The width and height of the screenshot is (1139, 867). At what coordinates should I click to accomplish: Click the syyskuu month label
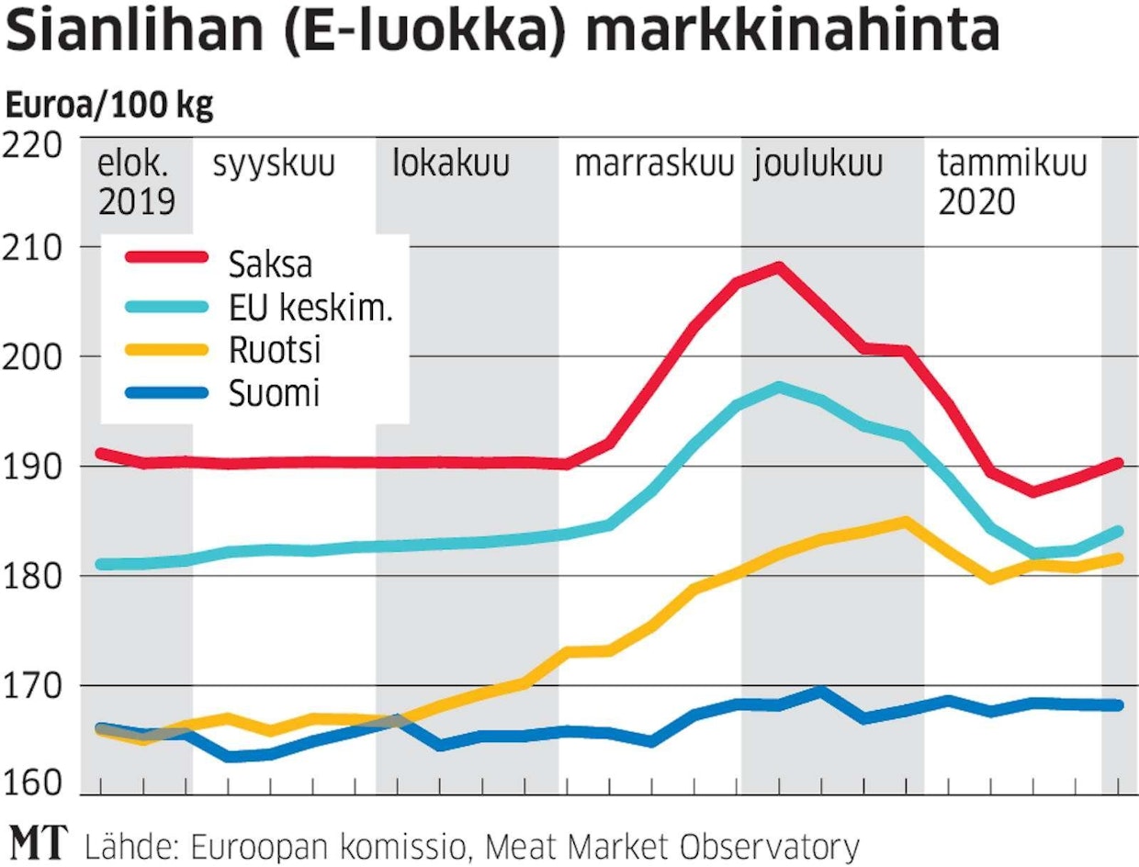(x=274, y=166)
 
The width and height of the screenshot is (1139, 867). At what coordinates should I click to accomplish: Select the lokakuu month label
(x=451, y=166)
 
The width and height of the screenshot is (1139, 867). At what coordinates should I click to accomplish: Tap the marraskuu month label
(x=654, y=166)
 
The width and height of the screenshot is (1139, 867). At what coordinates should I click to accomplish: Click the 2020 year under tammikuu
(x=976, y=201)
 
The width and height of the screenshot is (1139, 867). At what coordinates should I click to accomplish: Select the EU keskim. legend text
(x=310, y=308)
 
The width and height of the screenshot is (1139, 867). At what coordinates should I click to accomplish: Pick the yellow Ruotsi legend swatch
(x=166, y=350)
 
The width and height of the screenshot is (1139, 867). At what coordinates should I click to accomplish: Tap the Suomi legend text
(x=274, y=393)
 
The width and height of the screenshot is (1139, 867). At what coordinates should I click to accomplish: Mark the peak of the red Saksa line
(x=778, y=267)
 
